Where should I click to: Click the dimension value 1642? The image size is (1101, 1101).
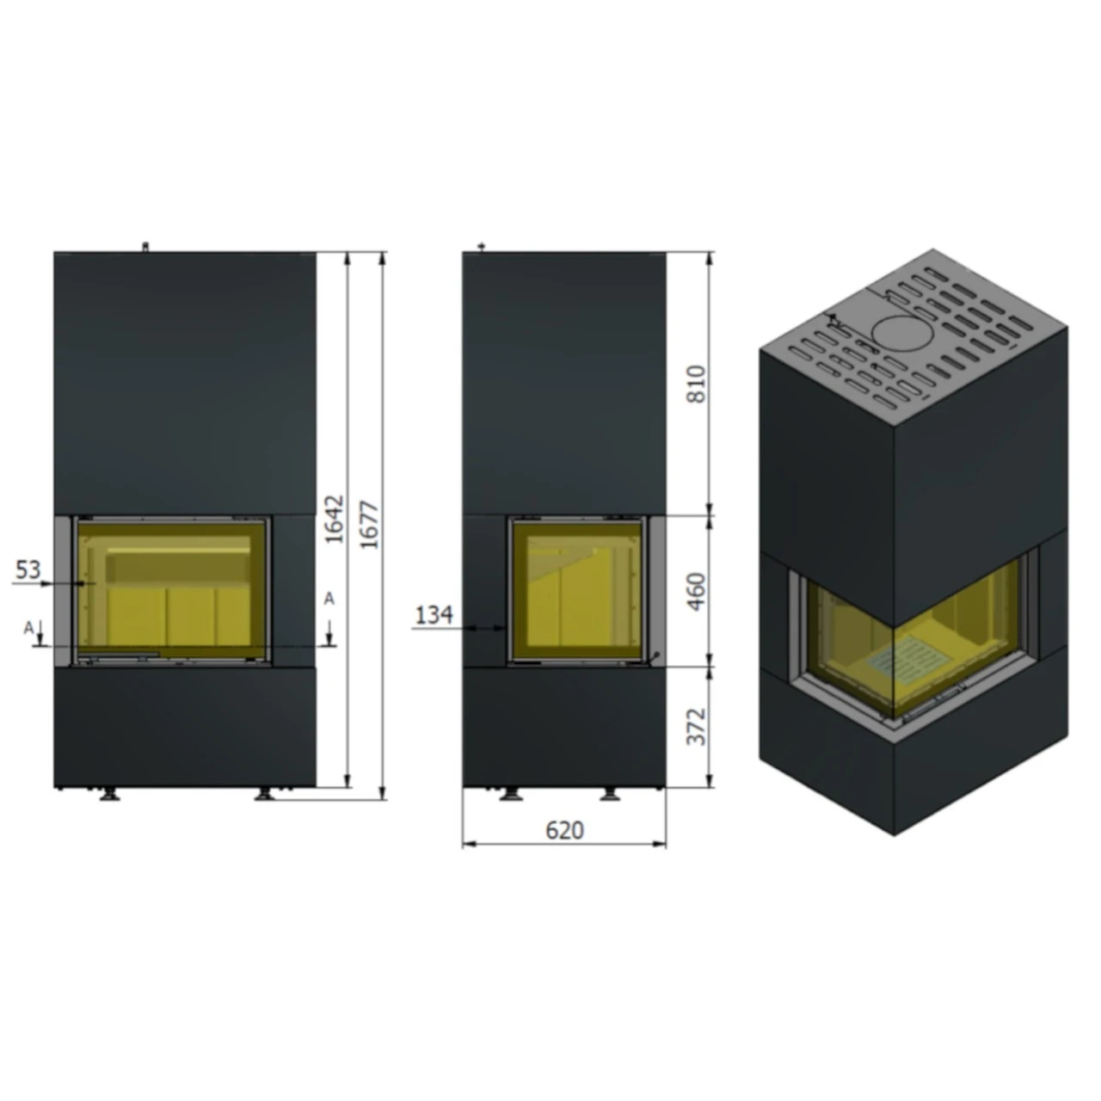pos(335,518)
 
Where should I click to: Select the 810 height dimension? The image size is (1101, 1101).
pos(697,384)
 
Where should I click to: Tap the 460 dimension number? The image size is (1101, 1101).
pos(697,590)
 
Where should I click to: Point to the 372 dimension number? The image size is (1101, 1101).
pos(697,727)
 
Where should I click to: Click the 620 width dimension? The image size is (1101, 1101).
pos(564,830)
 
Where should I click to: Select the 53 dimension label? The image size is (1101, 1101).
pos(28,569)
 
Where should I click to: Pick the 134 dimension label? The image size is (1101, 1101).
pos(434,615)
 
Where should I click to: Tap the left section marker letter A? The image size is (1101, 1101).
pos(28,628)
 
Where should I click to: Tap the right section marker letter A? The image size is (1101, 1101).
pos(329,598)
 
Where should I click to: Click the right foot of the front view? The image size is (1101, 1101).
pos(264,795)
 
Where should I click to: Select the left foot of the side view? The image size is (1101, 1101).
pos(511,795)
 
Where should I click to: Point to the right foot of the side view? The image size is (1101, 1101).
pos(610,795)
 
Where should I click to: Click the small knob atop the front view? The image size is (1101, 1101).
pos(145,248)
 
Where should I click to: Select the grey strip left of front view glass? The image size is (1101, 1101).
pos(63,590)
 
